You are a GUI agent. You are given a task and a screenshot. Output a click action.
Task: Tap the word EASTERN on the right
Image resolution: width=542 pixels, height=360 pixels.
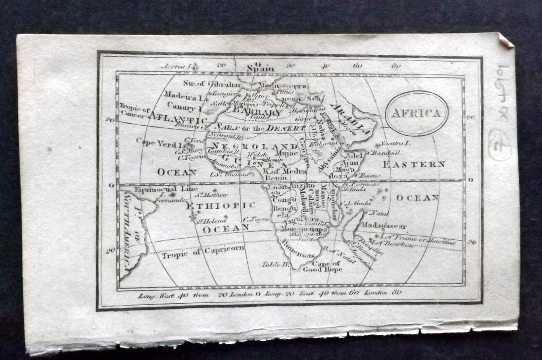(414, 164)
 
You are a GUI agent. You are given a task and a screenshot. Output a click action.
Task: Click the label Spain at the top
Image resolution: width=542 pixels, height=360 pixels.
(260, 69)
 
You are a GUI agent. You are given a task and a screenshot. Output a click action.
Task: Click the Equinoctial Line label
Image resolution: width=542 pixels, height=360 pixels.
(155, 188)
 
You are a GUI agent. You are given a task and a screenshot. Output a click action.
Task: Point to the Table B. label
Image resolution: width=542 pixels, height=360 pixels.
(274, 264)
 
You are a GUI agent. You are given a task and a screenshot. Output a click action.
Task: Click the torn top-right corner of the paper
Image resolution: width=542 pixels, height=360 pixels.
(507, 40)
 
